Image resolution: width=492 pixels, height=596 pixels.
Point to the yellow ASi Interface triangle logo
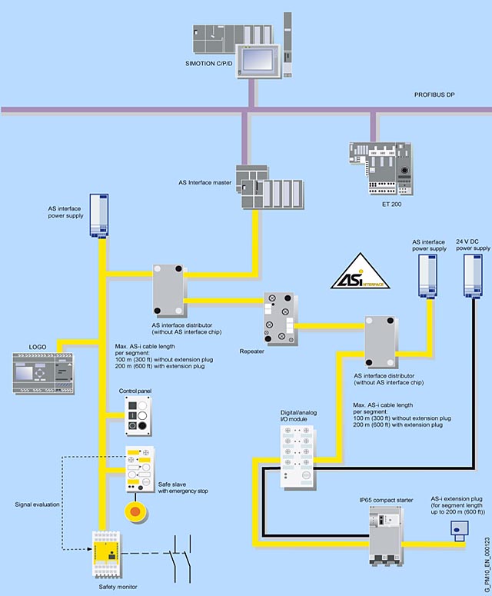pos(361,271)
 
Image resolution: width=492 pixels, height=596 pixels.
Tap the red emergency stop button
pos(137,510)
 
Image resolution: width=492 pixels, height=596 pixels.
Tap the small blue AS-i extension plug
pos(460,531)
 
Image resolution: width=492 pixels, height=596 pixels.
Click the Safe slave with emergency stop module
pos(139,470)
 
